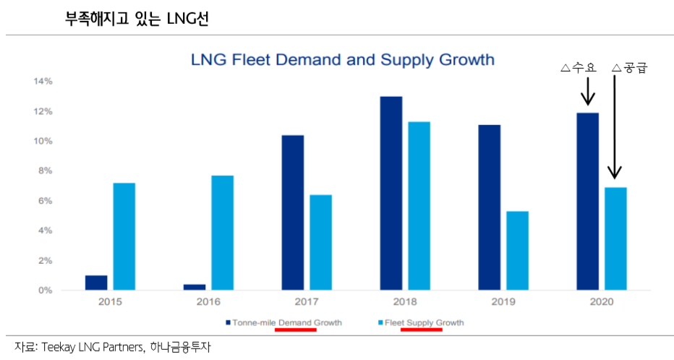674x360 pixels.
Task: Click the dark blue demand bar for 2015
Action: click(95, 283)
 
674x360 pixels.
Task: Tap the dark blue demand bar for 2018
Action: click(391, 193)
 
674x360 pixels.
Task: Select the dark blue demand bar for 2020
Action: click(587, 201)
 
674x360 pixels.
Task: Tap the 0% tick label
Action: click(45, 291)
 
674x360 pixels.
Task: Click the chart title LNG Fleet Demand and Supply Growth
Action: click(342, 59)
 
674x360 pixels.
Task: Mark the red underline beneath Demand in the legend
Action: click(295, 330)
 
